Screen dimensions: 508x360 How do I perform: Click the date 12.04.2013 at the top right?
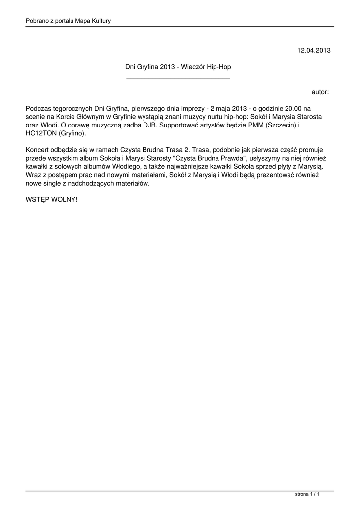tap(313, 50)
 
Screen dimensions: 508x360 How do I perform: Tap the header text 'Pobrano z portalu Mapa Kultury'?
tap(68, 21)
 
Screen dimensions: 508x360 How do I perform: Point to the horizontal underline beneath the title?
tap(178, 78)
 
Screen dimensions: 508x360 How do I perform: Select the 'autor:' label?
tap(320, 92)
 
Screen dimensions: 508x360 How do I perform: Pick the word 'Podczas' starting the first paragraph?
tap(38, 108)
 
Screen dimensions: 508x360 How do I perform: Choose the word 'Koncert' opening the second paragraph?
tap(38, 150)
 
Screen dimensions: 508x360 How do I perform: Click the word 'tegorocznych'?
tap(72, 108)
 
